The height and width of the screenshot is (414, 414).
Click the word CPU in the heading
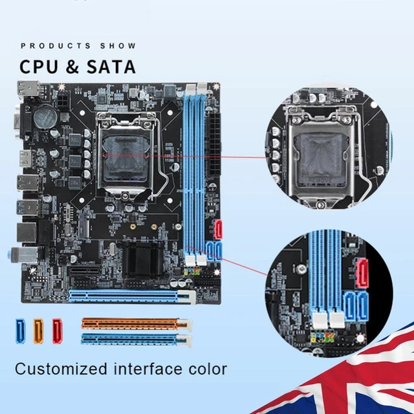(40, 66)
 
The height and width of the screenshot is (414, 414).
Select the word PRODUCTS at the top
(56, 46)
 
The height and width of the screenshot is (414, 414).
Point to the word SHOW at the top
(118, 46)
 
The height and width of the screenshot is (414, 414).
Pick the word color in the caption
(205, 369)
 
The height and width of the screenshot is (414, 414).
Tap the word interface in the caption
(146, 369)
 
